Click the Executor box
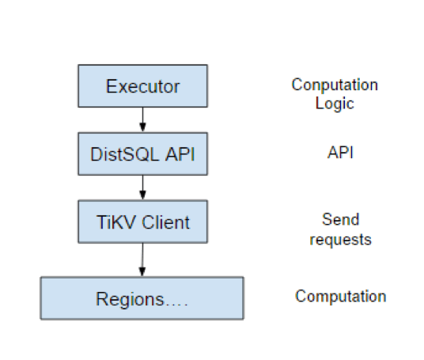point(142,85)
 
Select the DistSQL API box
point(142,153)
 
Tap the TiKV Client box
point(142,222)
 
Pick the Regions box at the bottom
point(142,298)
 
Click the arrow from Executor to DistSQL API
point(142,119)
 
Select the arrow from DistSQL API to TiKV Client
point(142,188)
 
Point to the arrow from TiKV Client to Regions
point(142,260)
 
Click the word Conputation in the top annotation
point(335,85)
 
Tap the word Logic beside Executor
point(334,103)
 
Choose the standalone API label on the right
point(339,153)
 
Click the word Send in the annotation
point(339,220)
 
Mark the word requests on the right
point(340,239)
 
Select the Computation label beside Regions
point(340,297)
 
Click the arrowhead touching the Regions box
point(142,272)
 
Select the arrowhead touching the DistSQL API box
point(142,128)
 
